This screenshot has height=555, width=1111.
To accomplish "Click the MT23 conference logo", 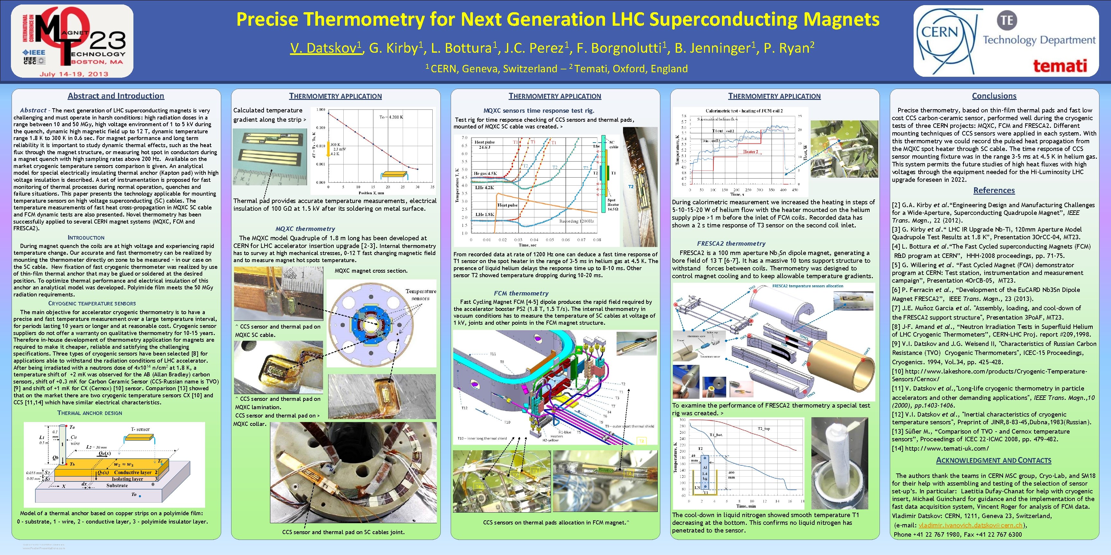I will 72,41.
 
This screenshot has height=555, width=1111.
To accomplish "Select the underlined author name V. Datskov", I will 325,48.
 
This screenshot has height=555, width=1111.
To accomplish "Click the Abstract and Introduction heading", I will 116,96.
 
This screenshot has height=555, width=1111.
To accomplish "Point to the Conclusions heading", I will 994,96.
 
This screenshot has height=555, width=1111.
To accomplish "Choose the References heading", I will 994,190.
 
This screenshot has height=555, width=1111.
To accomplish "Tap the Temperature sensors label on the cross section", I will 420,295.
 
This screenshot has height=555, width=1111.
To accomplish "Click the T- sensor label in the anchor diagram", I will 140,429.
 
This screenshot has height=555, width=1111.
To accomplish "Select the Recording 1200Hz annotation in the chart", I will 577,221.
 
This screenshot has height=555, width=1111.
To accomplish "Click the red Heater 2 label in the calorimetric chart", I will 750,152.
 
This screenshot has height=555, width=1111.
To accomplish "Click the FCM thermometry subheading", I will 521,293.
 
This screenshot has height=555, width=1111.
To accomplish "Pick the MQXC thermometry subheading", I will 305,229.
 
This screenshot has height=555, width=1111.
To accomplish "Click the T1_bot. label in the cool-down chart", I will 716,435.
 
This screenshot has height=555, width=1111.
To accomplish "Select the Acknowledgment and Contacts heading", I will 993,460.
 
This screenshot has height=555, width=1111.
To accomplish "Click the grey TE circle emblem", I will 1007,20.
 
